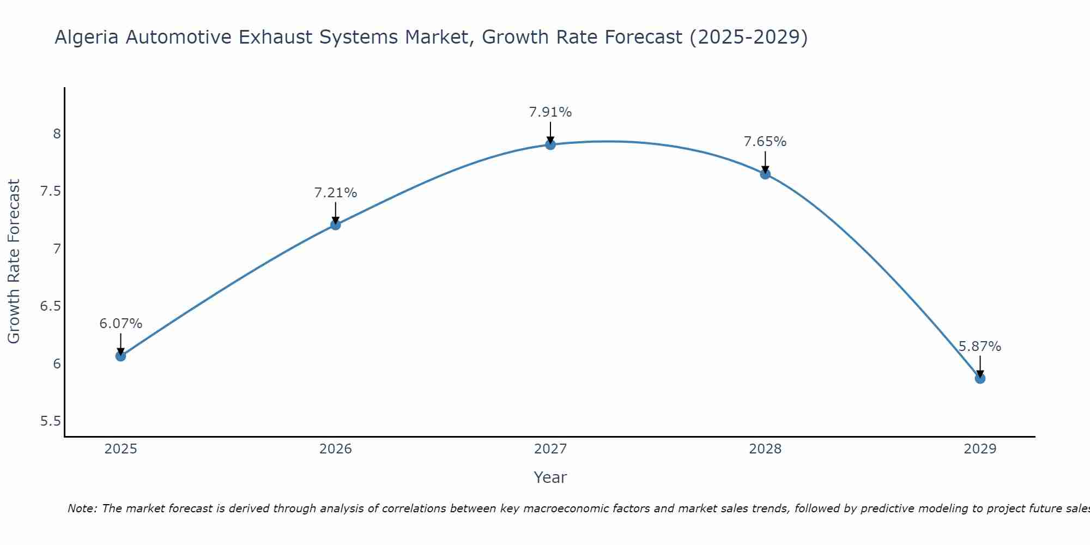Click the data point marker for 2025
[120, 356]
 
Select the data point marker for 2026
[335, 225]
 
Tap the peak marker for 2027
[550, 144]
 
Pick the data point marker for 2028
[765, 174]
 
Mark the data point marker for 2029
[980, 378]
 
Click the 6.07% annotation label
[120, 324]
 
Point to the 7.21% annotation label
[335, 193]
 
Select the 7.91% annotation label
[550, 112]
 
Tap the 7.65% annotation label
[765, 142]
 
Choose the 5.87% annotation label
[980, 347]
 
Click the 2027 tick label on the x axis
[550, 449]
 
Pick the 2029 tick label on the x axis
[980, 449]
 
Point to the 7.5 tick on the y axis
[50, 191]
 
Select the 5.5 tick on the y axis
[50, 421]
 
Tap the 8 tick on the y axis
[57, 134]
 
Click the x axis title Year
[550, 477]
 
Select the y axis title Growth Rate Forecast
[14, 261]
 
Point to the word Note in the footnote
[82, 508]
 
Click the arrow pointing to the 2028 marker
[765, 162]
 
